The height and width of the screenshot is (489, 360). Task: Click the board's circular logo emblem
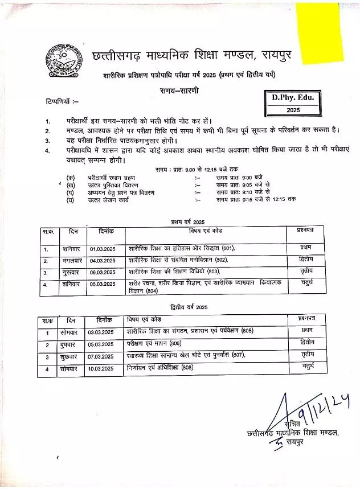pyautogui.click(x=67, y=57)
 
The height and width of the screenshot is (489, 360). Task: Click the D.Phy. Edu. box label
pyautogui.click(x=293, y=98)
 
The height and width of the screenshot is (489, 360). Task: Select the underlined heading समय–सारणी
pyautogui.click(x=179, y=91)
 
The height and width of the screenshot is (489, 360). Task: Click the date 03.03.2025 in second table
pyautogui.click(x=101, y=332)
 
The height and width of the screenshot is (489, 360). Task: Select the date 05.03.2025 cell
pyautogui.click(x=101, y=345)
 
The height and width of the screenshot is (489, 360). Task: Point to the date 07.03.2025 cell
pyautogui.click(x=101, y=357)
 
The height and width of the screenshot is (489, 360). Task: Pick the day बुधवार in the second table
pyautogui.click(x=71, y=345)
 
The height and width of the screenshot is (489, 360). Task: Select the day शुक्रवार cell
pyautogui.click(x=71, y=357)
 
